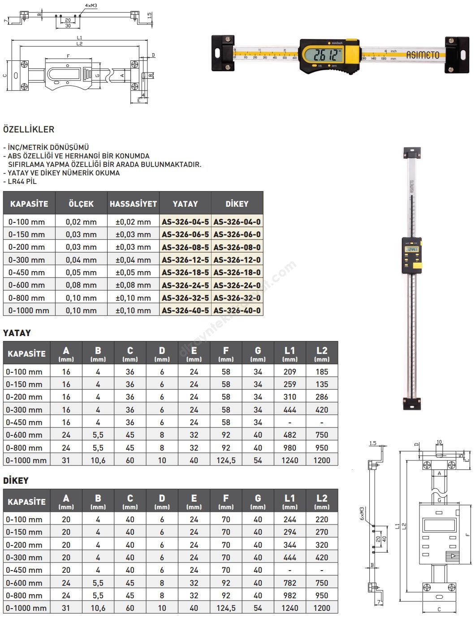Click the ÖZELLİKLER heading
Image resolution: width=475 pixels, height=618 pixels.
(x=29, y=129)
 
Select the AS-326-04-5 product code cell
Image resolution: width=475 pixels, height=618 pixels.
(x=185, y=222)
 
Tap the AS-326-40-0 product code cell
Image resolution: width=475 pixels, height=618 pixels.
(x=237, y=310)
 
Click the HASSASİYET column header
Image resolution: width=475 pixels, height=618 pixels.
(x=133, y=204)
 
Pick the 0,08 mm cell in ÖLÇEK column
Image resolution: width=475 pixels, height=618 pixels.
(x=81, y=285)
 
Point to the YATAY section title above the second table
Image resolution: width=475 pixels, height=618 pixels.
(x=17, y=333)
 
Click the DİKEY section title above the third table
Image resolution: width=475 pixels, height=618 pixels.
(x=16, y=481)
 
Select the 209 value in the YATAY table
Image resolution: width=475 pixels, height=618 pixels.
(x=289, y=371)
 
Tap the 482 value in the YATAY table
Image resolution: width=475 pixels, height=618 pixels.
(x=289, y=435)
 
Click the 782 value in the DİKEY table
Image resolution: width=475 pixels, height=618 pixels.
(x=289, y=583)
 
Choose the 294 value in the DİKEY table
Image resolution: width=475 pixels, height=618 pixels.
(x=289, y=532)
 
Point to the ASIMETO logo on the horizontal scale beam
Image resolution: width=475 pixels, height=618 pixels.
(x=423, y=55)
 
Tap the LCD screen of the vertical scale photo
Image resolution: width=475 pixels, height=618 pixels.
(x=411, y=249)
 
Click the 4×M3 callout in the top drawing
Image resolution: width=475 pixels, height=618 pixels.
(x=91, y=6)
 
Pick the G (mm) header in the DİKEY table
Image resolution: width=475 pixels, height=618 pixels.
(x=258, y=501)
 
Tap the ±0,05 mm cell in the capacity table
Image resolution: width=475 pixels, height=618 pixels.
(x=133, y=272)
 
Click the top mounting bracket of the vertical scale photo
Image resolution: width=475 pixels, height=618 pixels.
(x=412, y=153)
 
